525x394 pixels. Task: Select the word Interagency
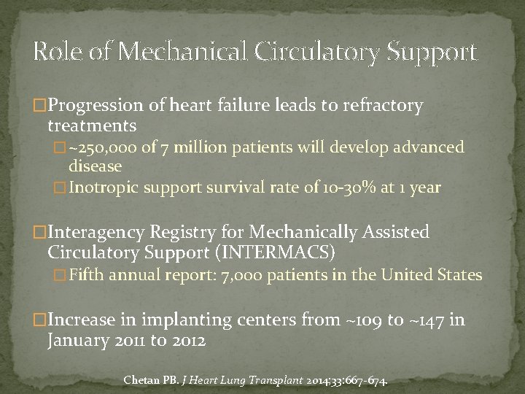pyautogui.click(x=102, y=233)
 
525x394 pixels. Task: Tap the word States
pyautogui.click(x=458, y=275)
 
